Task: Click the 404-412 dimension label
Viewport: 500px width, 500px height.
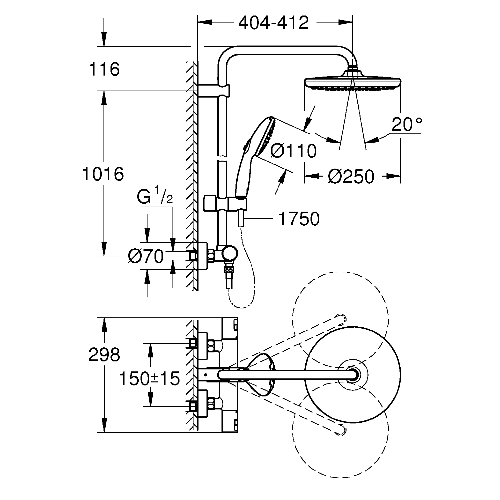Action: point(273,23)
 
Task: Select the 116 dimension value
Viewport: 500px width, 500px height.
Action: point(104,69)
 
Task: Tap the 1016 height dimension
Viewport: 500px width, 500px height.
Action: point(103,174)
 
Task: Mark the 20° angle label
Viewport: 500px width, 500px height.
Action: point(407,125)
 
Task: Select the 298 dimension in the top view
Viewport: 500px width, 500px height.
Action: point(104,355)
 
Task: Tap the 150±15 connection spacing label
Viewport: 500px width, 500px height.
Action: point(149,378)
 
